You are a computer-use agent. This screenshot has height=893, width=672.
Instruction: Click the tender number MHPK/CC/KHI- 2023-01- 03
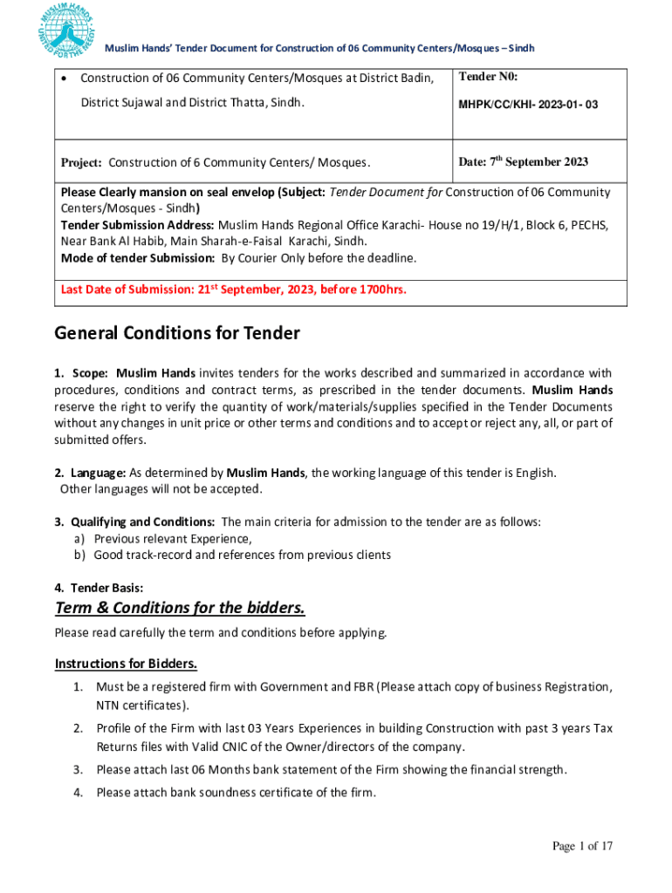point(529,105)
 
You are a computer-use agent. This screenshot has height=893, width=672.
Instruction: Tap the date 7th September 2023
point(524,161)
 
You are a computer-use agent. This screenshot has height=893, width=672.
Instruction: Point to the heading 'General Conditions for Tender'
point(177,333)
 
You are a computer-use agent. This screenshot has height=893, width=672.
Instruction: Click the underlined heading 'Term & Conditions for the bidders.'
point(180,607)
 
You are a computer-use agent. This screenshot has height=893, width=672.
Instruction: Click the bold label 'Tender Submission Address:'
point(138,225)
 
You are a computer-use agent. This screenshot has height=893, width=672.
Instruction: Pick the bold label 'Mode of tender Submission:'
point(138,258)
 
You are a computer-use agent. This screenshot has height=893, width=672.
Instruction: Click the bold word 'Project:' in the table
point(82,163)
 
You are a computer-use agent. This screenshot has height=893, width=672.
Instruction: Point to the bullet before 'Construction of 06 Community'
point(65,79)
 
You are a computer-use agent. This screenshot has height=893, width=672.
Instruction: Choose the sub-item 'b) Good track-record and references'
point(232,555)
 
